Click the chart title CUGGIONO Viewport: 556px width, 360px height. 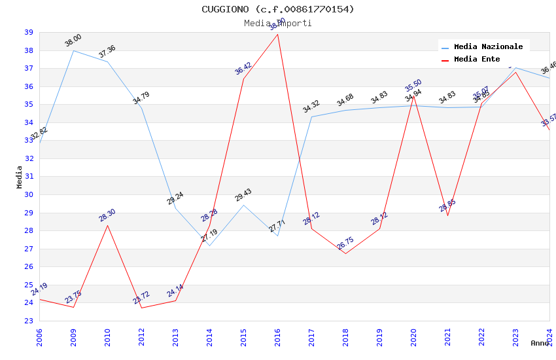pos(278,9)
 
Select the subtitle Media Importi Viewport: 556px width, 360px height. pos(278,23)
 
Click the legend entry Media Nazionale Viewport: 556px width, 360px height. pos(488,47)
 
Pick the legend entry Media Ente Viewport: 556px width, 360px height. pos(477,60)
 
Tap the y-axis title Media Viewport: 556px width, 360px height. pos(20,177)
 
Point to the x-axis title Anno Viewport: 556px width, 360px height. pos(540,343)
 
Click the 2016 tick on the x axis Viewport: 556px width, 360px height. pos(278,336)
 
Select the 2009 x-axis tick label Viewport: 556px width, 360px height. pos(74,336)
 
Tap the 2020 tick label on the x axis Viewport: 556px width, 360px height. pos(414,336)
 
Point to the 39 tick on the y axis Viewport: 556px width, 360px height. pos(29,32)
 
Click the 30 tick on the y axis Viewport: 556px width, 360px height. pos(29,194)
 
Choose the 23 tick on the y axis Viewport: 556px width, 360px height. pos(29,321)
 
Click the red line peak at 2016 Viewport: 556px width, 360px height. pos(278,34)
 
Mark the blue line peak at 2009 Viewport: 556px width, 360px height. pos(73,50)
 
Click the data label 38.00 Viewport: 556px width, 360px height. pos(73,41)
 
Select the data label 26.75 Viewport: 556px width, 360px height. pos(345,245)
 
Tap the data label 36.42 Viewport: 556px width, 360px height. pos(243,69)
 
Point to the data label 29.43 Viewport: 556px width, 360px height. pos(243,195)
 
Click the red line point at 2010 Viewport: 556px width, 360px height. pos(107,225)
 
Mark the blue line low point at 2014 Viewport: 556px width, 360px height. pos(209,245)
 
